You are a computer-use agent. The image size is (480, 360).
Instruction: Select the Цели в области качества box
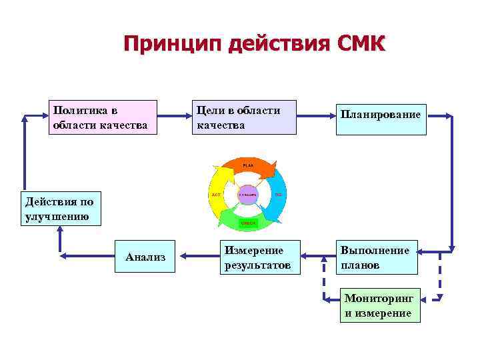244,117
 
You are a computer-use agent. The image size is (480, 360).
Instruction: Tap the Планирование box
381,116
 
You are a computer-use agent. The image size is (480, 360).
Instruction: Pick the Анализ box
145,257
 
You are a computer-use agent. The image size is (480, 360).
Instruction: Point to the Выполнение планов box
377,257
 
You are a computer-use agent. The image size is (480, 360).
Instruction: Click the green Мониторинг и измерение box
380,305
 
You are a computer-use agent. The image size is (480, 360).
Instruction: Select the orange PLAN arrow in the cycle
248,167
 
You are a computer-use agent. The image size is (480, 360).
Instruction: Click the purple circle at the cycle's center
248,194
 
